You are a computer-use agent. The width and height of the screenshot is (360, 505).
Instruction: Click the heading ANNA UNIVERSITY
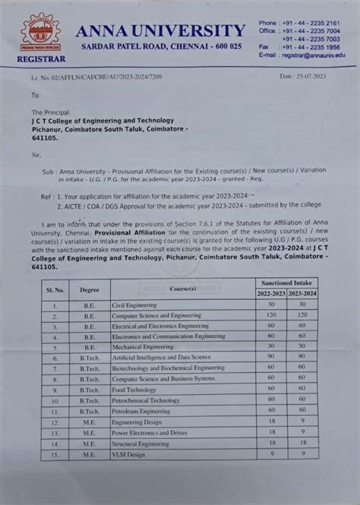160,30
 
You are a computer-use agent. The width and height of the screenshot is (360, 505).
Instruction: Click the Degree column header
89,289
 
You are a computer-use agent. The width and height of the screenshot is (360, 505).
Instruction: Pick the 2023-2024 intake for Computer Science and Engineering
302,314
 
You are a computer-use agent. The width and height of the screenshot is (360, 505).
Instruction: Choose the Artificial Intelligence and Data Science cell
161,357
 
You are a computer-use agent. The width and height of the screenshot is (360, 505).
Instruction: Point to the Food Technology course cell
134,389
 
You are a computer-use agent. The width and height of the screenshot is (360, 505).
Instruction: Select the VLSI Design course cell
128,454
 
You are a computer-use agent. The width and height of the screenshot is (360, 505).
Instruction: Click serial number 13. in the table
55,443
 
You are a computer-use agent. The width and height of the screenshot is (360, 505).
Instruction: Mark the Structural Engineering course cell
141,443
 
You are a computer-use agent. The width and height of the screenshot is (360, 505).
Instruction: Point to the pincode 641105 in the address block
45,139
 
